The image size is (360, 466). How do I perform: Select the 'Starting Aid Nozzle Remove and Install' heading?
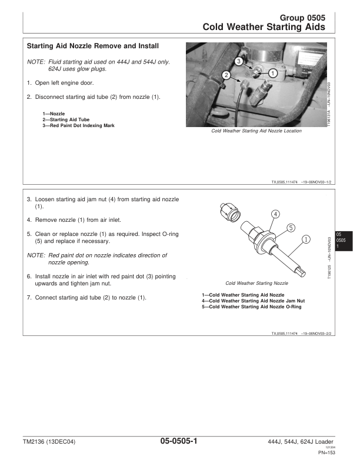pos(92,46)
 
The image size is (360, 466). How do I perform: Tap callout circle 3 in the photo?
pos(238,61)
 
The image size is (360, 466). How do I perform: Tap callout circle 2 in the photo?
pos(226,74)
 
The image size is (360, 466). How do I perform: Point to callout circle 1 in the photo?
pos(273,72)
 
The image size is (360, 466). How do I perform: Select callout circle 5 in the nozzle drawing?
pos(291,227)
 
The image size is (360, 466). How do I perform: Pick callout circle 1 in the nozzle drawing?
pos(306,239)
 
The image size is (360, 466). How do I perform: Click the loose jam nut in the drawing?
pos(228,212)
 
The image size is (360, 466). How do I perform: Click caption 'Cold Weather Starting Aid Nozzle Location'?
pos(256,131)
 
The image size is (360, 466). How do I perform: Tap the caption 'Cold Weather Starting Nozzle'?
pos(256,282)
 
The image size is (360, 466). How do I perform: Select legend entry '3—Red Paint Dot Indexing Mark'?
pos(78,125)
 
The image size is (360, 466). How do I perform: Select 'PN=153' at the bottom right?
pos(326,452)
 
